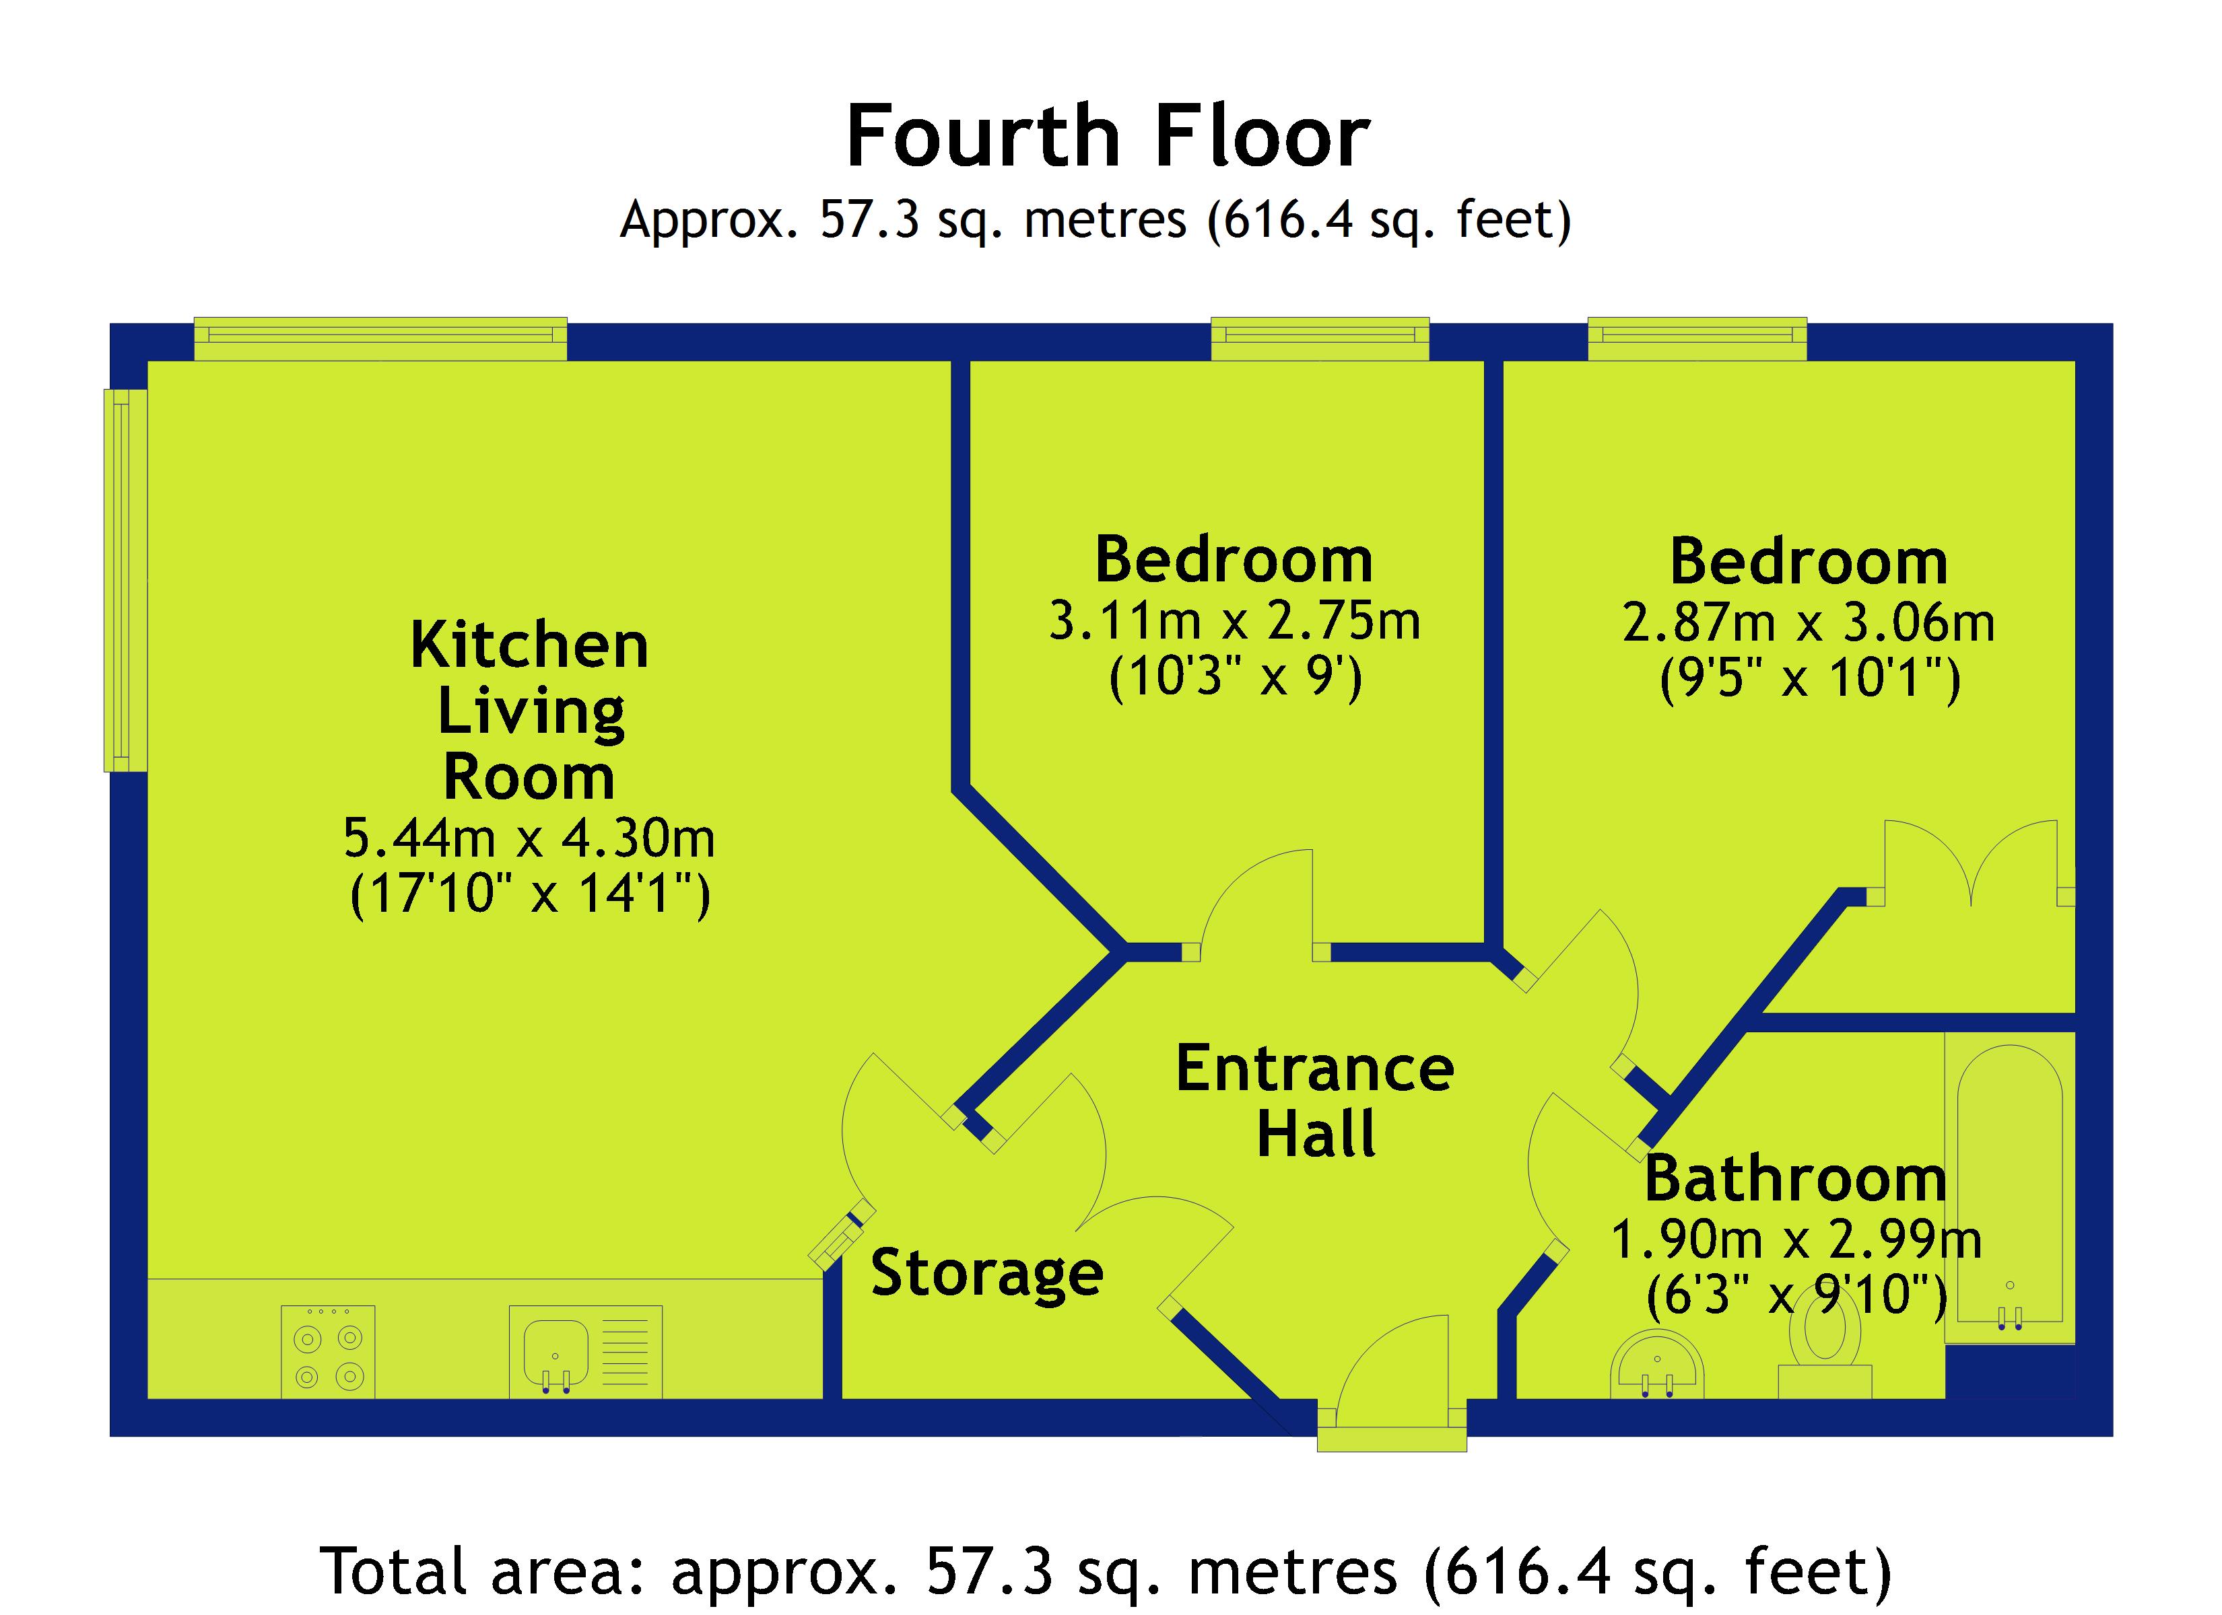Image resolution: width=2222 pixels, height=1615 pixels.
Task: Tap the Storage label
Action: (986, 1273)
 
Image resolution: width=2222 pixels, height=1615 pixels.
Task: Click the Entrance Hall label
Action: (1315, 1100)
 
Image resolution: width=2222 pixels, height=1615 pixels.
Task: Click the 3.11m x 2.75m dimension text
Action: (1234, 621)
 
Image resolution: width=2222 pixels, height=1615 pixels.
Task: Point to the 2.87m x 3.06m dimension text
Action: (1809, 623)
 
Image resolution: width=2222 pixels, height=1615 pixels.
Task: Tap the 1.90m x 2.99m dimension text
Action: (1796, 1240)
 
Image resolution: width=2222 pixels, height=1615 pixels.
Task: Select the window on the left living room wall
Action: (125, 580)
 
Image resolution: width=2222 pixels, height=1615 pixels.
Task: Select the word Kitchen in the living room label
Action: (529, 647)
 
